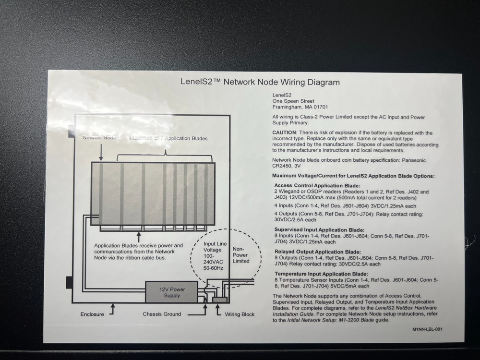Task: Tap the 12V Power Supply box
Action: click(x=172, y=292)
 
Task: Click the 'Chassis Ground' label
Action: click(x=162, y=314)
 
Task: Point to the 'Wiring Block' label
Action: click(x=240, y=315)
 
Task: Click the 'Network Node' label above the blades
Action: click(x=99, y=138)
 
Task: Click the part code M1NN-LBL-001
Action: click(x=427, y=330)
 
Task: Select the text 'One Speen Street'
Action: click(x=293, y=101)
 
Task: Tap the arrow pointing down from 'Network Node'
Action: click(x=101, y=153)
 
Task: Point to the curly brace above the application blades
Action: click(x=166, y=153)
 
